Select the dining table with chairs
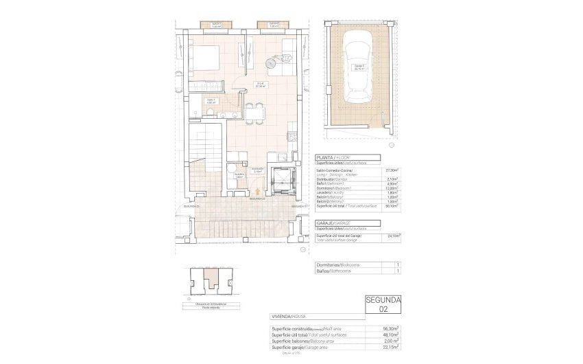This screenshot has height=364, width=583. tap(252, 112)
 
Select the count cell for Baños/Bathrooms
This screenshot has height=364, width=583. tap(398, 272)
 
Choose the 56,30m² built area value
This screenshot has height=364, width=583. tap(392, 328)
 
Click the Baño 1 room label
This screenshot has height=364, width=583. tap(212, 102)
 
